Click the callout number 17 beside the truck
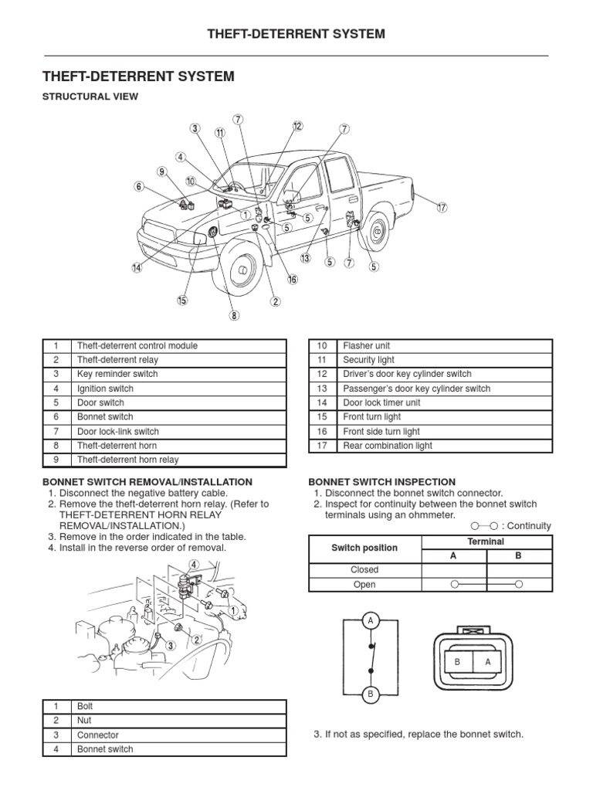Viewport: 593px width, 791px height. click(442, 207)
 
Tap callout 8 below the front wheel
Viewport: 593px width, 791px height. click(234, 315)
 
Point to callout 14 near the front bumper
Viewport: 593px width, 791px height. click(137, 268)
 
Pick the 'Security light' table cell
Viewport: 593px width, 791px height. click(369, 360)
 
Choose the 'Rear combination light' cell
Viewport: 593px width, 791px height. click(388, 446)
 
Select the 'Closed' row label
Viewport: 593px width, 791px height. click(364, 569)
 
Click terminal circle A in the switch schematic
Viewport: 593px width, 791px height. click(371, 621)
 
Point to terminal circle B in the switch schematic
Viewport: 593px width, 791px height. click(371, 694)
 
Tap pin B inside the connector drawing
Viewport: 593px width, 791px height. click(458, 661)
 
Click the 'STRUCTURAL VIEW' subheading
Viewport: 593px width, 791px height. click(90, 97)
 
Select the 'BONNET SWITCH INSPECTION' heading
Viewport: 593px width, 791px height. click(382, 481)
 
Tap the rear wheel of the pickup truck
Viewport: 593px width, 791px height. click(377, 231)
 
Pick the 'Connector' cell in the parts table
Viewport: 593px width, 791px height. click(98, 735)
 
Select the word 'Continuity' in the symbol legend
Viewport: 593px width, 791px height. click(530, 526)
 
